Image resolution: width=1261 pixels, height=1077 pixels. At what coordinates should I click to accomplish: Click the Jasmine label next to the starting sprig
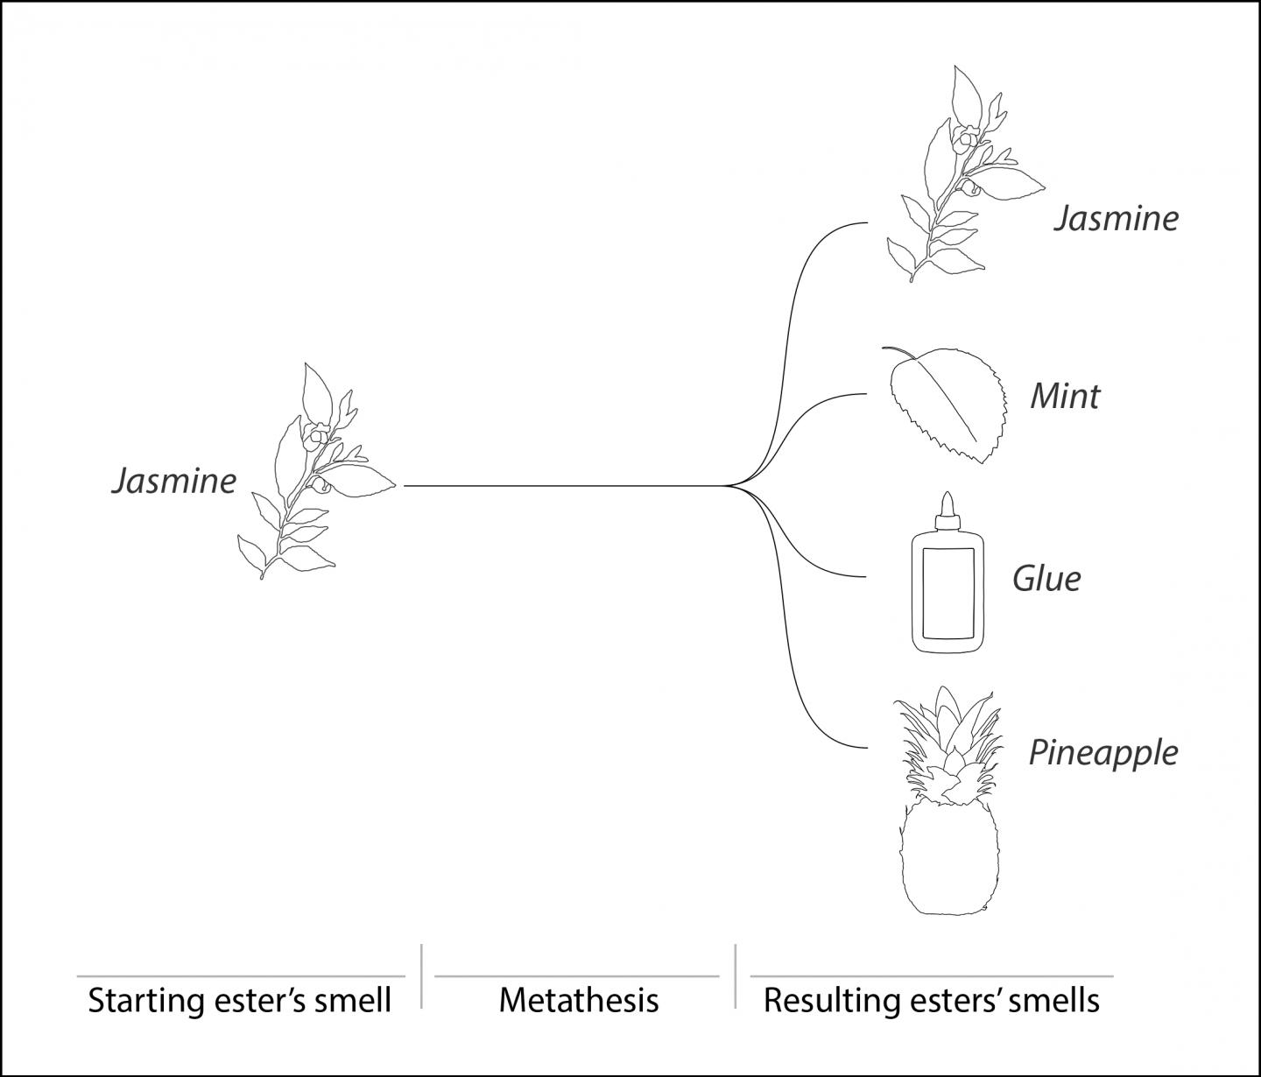click(173, 481)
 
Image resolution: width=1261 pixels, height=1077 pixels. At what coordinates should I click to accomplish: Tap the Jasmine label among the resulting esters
click(1116, 218)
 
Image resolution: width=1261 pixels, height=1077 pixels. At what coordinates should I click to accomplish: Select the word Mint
click(1065, 397)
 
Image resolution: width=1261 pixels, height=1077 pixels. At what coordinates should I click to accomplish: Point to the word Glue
click(1046, 579)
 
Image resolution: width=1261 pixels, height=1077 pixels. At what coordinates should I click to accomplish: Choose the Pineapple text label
click(1102, 753)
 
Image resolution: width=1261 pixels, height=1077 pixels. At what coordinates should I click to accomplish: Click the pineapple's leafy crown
click(946, 744)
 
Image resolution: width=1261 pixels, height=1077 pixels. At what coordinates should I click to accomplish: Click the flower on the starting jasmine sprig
click(316, 433)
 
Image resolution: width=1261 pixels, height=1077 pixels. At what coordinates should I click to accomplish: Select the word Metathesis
click(579, 1000)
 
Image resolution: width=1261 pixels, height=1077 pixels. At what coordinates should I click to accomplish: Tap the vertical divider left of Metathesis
click(421, 975)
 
